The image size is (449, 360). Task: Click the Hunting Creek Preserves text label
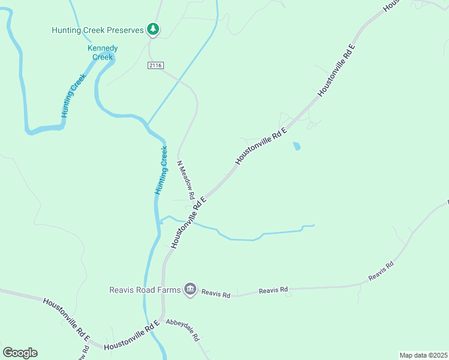pyautogui.click(x=98, y=29)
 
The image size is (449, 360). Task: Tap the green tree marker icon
pyautogui.click(x=153, y=29)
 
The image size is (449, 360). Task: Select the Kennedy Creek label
pyautogui.click(x=103, y=52)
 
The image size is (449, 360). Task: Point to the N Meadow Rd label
pyautogui.click(x=185, y=180)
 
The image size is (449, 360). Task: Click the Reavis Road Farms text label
pyautogui.click(x=145, y=290)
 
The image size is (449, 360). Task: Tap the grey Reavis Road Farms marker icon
pyautogui.click(x=190, y=290)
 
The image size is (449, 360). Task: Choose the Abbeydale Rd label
pyautogui.click(x=182, y=329)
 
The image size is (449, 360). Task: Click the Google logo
pyautogui.click(x=20, y=353)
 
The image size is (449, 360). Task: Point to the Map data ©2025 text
pyautogui.click(x=423, y=355)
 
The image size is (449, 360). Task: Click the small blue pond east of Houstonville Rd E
pyautogui.click(x=297, y=146)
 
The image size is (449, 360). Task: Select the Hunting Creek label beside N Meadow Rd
pyautogui.click(x=161, y=170)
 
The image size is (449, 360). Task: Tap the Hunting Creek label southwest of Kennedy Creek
pyautogui.click(x=70, y=100)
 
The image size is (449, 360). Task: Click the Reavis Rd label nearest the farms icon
pyautogui.click(x=216, y=295)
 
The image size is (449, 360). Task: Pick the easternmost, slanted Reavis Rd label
pyautogui.click(x=381, y=272)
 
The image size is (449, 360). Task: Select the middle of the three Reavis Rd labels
pyautogui.click(x=273, y=290)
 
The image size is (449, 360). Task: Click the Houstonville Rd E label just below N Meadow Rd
pyautogui.click(x=188, y=221)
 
